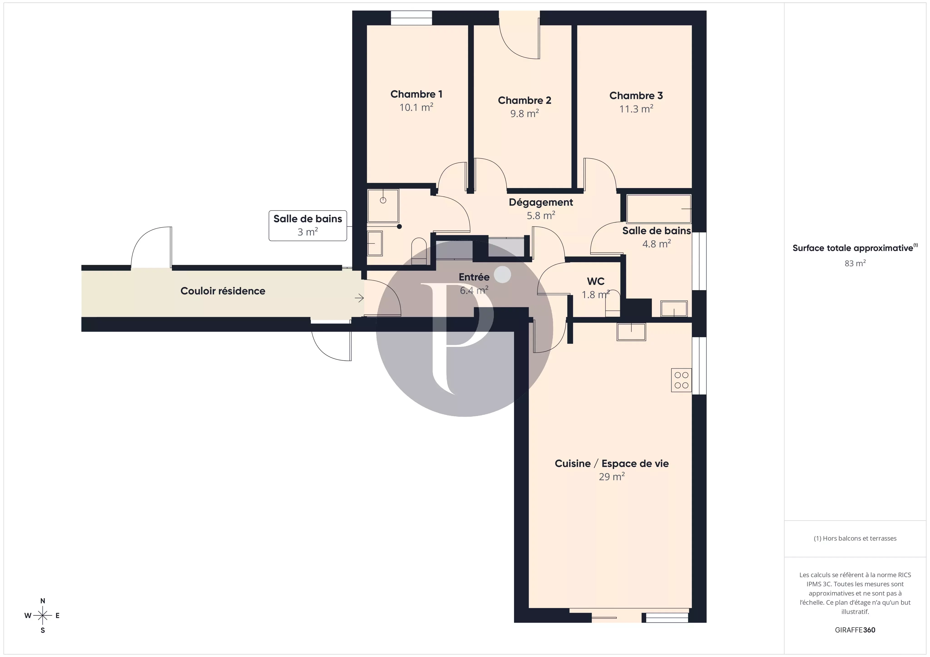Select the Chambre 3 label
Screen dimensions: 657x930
click(636, 96)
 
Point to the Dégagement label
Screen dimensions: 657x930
click(541, 202)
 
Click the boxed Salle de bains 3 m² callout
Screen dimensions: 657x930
click(308, 226)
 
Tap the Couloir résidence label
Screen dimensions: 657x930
click(223, 291)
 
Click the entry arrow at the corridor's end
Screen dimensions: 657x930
click(359, 298)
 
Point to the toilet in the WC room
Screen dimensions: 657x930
click(612, 304)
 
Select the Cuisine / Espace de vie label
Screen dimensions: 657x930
click(612, 464)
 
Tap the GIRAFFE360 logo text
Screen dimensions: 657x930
click(855, 630)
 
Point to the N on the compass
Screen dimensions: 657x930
click(42, 601)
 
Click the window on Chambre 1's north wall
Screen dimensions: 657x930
click(411, 18)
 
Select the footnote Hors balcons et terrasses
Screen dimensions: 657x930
click(855, 538)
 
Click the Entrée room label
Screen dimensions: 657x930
click(474, 277)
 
